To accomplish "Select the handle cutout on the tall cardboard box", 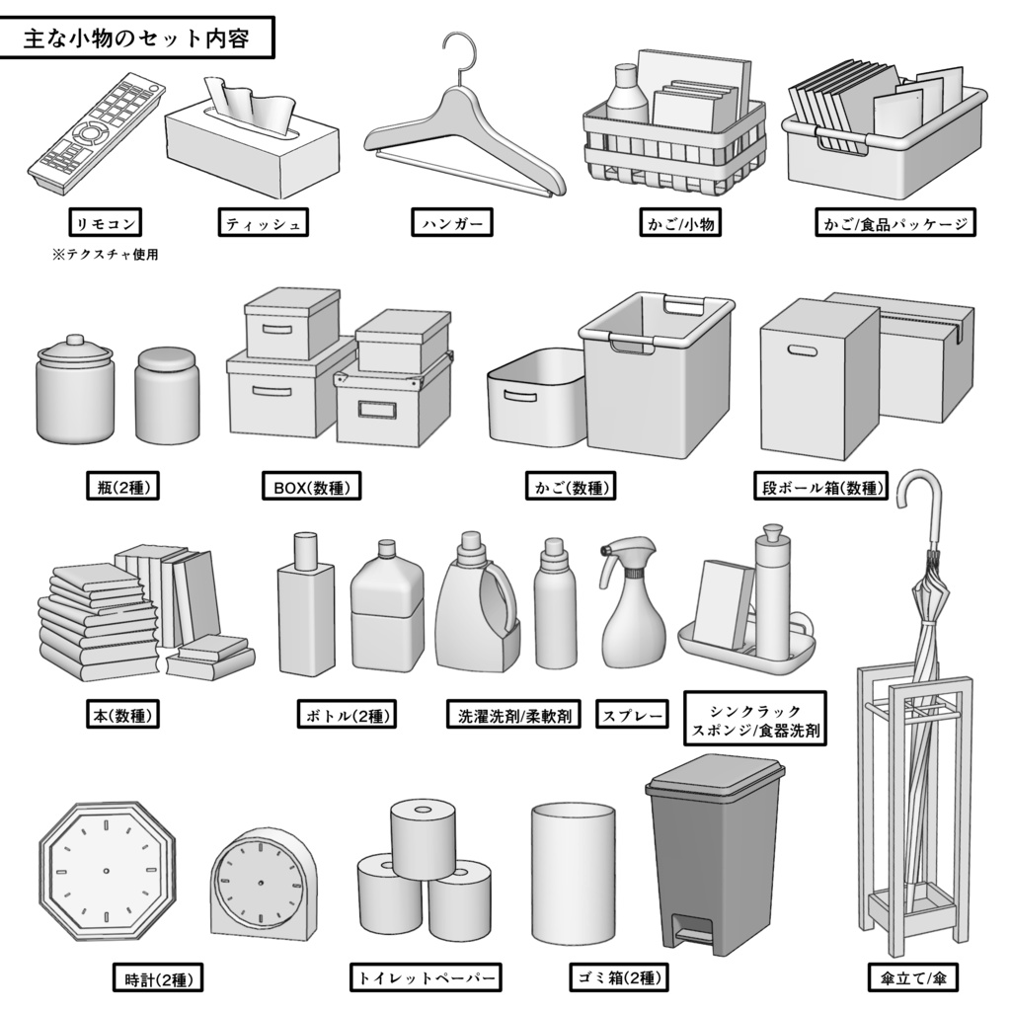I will tap(801, 350).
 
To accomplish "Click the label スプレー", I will tap(632, 714).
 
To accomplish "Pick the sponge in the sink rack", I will tap(724, 603).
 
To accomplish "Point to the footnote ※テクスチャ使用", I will tap(106, 255).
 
